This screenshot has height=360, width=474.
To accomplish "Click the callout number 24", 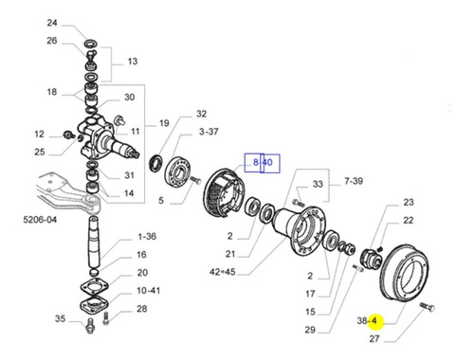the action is click(x=52, y=23).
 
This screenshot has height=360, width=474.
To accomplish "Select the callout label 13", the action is click(x=133, y=62).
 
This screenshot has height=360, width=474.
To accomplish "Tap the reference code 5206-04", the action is click(x=40, y=220).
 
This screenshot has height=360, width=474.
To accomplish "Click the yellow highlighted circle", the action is click(x=375, y=322).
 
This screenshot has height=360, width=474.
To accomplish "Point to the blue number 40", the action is click(x=267, y=163).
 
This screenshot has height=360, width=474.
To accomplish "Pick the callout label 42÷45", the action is click(x=223, y=272).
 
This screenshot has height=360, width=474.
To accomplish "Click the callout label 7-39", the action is click(x=354, y=181).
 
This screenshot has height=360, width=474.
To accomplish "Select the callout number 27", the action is click(x=374, y=339).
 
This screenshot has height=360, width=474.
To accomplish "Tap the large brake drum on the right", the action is click(x=404, y=273).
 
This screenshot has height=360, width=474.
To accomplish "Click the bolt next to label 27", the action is click(x=428, y=307).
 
